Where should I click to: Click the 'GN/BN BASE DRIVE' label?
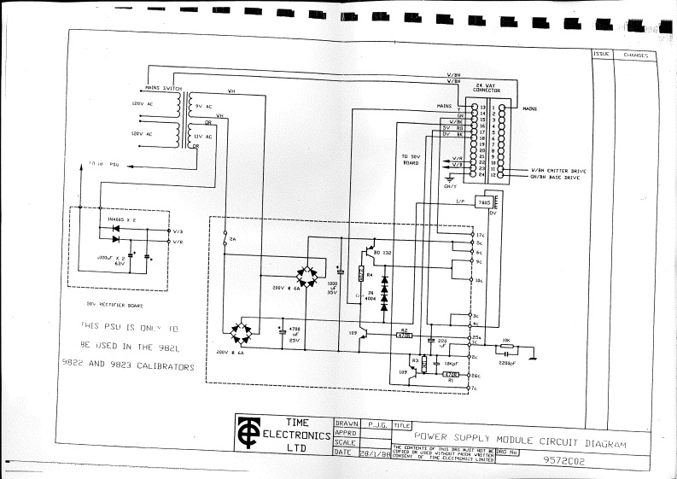[x=558, y=178]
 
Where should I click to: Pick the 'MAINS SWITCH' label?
[x=162, y=87]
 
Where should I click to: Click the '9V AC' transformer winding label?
[x=203, y=107]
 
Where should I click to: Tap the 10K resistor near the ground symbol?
[x=507, y=347]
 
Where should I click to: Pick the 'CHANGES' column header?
[x=635, y=55]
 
